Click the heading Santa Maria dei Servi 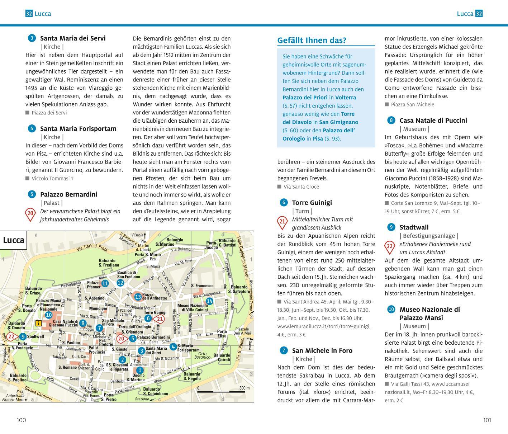73,38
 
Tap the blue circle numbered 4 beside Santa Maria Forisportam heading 32,128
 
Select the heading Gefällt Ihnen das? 312,41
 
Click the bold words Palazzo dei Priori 305,98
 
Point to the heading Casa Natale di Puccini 433,121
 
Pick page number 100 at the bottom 22,420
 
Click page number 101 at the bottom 487,420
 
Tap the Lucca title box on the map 14,240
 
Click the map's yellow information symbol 38,323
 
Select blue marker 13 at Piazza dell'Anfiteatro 138,297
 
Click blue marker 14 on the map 209,301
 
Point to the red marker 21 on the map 160,319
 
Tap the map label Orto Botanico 202,355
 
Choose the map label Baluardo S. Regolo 192,376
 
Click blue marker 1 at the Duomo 139,370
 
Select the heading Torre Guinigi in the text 312,203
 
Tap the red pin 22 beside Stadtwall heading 389,247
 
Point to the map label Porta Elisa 222,334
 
